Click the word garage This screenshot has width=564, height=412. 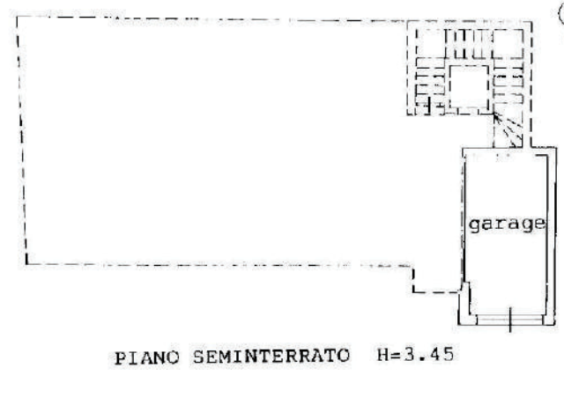[x=507, y=224]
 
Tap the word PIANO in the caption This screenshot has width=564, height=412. [x=147, y=357]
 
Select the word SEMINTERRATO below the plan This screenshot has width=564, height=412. [x=271, y=356]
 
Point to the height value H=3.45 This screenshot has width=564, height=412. [x=415, y=355]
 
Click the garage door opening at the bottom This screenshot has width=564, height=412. [x=509, y=320]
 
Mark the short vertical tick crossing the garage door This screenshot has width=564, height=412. [x=510, y=320]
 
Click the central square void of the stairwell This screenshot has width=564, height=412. [x=469, y=86]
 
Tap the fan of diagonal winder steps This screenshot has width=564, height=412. [x=508, y=130]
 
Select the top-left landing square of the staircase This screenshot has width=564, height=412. [x=431, y=43]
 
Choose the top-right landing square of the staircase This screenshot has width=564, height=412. [x=508, y=44]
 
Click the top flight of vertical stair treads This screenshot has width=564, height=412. [x=469, y=44]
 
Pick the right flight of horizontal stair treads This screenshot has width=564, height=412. [x=508, y=85]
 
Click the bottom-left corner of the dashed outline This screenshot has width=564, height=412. [x=26, y=264]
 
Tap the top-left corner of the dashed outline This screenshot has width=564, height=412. [x=17, y=17]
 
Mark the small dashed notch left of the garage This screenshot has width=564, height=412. [x=436, y=280]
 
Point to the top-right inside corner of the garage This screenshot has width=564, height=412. [x=546, y=156]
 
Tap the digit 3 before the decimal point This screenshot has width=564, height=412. [x=410, y=355]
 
